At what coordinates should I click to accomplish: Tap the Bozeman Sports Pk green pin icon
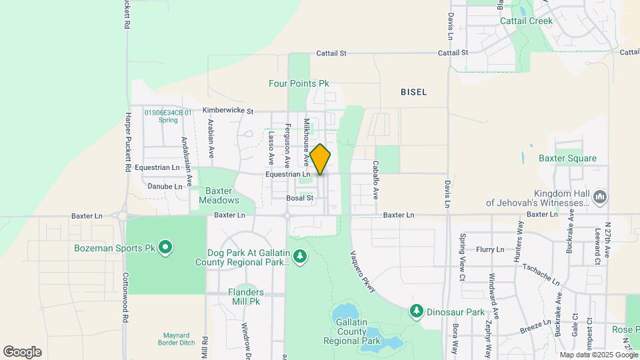click(165, 248)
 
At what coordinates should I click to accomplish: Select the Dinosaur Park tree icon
click(417, 311)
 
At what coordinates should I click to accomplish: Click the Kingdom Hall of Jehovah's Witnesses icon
click(601, 197)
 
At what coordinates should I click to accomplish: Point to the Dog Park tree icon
click(300, 256)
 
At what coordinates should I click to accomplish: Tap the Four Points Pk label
click(299, 84)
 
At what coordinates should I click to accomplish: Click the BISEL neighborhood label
click(413, 92)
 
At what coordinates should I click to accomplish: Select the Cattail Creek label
click(527, 21)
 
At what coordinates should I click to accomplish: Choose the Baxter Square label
click(567, 159)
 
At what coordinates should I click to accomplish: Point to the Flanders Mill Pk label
click(245, 297)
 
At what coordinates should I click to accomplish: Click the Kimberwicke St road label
click(219, 111)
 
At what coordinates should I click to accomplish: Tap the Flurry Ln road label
click(490, 249)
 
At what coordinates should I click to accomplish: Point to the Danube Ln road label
click(165, 187)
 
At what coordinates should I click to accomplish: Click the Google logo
click(22, 351)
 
